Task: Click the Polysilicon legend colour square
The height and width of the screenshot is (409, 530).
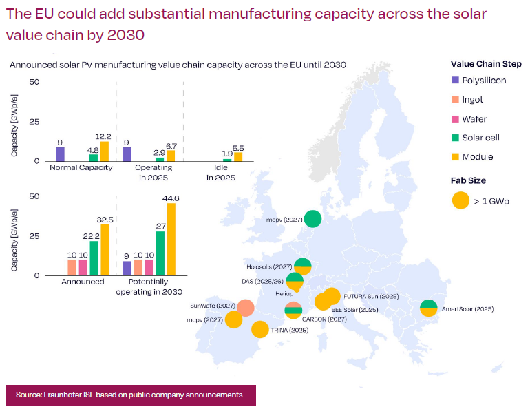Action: click(x=455, y=80)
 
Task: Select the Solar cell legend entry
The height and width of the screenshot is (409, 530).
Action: click(x=476, y=138)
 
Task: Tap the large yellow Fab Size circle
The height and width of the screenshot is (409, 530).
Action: click(x=460, y=200)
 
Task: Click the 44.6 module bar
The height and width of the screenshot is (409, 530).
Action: click(x=171, y=240)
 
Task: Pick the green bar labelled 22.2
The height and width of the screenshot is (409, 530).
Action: click(x=94, y=258)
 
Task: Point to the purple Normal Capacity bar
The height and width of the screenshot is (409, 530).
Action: click(x=61, y=154)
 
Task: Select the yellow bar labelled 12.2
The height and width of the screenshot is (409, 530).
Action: click(x=105, y=151)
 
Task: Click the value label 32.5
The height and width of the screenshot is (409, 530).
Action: click(x=105, y=220)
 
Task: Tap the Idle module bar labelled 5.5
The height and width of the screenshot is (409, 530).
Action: click(x=238, y=157)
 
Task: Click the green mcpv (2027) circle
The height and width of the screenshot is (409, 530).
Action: click(x=312, y=219)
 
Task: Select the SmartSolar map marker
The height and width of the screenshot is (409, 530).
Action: click(x=429, y=308)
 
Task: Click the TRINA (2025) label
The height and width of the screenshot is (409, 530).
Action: click(x=290, y=330)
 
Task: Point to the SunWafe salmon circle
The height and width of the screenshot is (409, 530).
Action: click(x=246, y=308)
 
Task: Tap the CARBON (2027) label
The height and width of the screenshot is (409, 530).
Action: click(x=324, y=319)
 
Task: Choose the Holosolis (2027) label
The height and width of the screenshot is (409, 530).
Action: click(x=269, y=266)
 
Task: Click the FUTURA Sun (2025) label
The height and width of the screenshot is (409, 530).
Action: click(x=371, y=297)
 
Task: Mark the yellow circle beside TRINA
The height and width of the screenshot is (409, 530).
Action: click(x=260, y=330)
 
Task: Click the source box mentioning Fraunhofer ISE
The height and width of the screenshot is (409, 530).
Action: click(x=131, y=395)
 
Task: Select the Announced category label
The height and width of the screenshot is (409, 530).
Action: click(x=83, y=282)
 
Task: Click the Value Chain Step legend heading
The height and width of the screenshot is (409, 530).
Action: click(x=486, y=64)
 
